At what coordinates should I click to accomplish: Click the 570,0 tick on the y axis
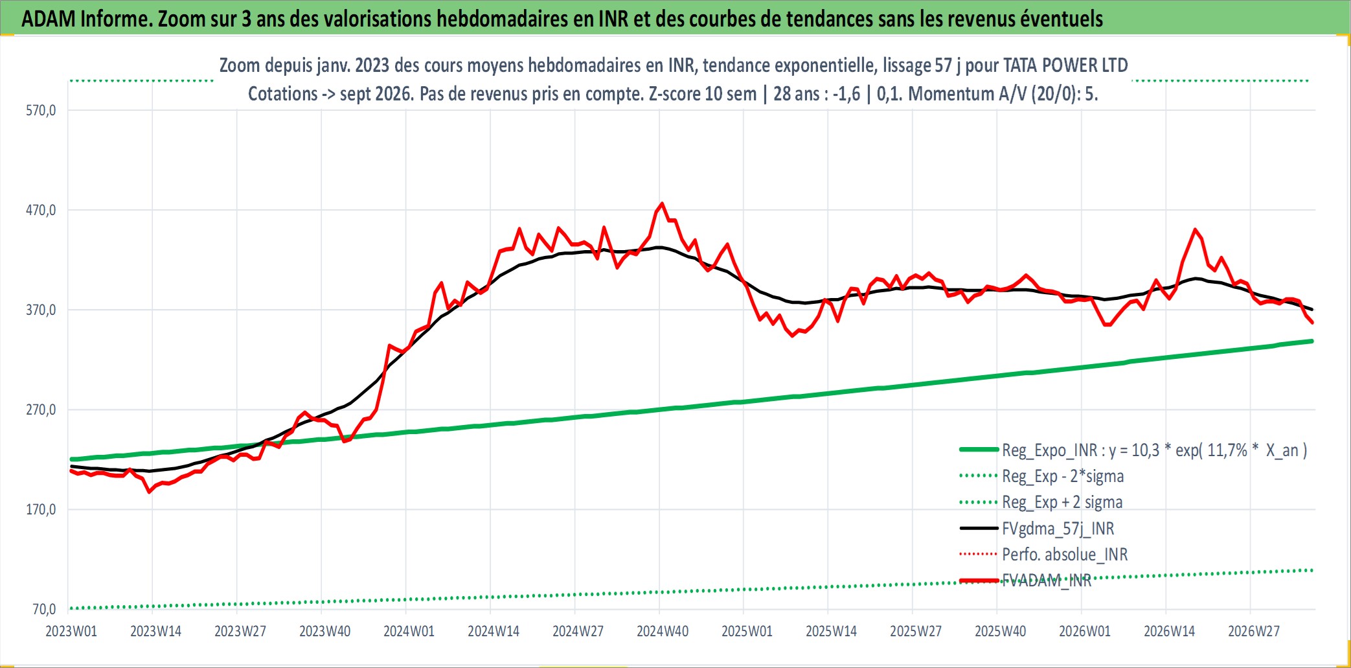pos(41,110)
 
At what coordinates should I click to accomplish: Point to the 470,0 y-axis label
pos(41,210)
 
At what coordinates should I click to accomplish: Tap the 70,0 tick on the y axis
pos(44,609)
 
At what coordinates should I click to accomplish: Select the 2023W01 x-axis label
pos(71,631)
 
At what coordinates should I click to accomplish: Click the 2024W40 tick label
pos(663,631)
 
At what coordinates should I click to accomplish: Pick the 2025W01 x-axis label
pos(747,631)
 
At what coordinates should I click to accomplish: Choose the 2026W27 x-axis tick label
pos(1254,631)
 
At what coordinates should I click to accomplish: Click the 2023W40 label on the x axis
pos(324,631)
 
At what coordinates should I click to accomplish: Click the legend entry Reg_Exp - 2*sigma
pos(1063,476)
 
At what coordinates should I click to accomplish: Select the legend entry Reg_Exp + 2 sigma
pos(1062,502)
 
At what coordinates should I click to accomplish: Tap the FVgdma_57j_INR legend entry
pos(1058,529)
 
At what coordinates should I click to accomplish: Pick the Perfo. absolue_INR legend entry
pos(1065,555)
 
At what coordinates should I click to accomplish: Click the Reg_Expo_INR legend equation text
pos(1155,450)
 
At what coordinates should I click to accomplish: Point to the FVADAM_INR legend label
pos(1047,581)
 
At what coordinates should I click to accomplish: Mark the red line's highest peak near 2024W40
pos(661,203)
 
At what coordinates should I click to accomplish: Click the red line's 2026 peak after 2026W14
pos(1195,229)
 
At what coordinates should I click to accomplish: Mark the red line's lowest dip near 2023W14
pos(150,492)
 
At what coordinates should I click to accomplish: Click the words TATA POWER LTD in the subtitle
pos(1065,65)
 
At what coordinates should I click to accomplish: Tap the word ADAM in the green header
pos(49,18)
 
